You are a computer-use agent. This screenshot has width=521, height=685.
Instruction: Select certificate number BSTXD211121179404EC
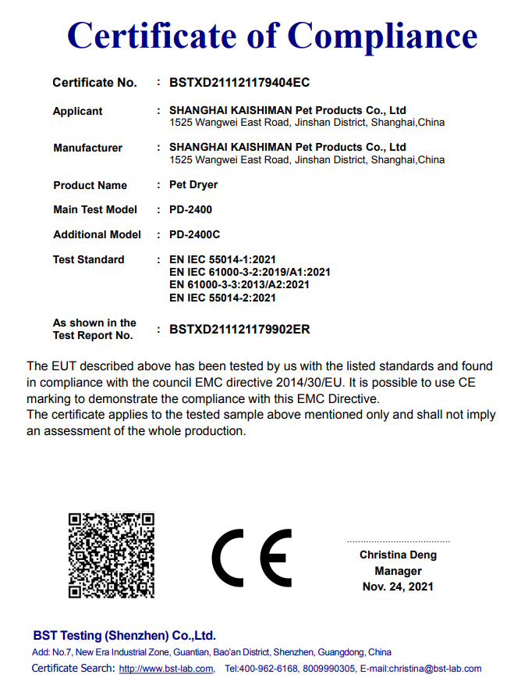pyautogui.click(x=240, y=82)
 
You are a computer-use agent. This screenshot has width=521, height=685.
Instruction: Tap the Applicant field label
pyautogui.click(x=77, y=112)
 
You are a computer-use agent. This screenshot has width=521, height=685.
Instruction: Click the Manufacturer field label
pyautogui.click(x=87, y=148)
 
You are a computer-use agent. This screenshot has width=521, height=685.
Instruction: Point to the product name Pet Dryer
pyautogui.click(x=193, y=185)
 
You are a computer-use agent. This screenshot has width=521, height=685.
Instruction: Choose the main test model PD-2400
pyautogui.click(x=190, y=209)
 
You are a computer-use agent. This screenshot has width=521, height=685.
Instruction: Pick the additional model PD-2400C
pyautogui.click(x=194, y=234)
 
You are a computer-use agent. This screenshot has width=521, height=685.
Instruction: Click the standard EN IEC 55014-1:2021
pyautogui.click(x=222, y=259)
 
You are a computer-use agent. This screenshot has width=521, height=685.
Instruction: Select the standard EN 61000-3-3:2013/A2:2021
pyautogui.click(x=239, y=284)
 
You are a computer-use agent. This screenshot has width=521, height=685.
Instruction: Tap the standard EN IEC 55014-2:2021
pyautogui.click(x=222, y=297)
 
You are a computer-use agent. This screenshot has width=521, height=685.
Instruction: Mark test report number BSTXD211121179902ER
pyautogui.click(x=239, y=329)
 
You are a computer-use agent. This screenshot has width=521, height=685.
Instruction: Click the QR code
pyautogui.click(x=111, y=555)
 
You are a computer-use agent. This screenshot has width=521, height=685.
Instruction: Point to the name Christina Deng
pyautogui.click(x=398, y=555)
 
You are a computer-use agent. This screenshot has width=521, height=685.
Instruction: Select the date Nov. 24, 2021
pyautogui.click(x=398, y=587)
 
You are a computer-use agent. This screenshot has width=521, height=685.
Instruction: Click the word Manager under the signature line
pyautogui.click(x=398, y=571)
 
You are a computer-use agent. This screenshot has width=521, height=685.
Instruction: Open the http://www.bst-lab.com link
pyautogui.click(x=166, y=669)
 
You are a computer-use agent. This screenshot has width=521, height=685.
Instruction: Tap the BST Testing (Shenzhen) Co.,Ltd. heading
pyautogui.click(x=124, y=636)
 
